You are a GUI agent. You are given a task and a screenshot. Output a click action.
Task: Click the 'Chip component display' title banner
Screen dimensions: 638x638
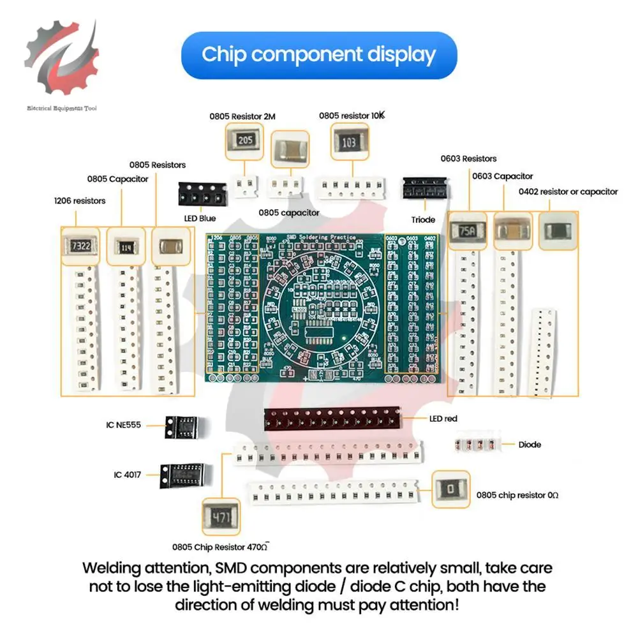point(319,55)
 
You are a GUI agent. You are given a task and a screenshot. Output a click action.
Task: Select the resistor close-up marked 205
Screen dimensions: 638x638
point(244,141)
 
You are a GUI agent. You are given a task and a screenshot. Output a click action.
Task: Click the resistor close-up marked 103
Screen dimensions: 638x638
point(349,143)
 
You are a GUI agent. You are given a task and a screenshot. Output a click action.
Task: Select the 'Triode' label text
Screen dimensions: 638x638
point(423,219)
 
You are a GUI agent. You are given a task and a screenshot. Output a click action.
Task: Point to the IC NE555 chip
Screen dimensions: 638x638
point(181,426)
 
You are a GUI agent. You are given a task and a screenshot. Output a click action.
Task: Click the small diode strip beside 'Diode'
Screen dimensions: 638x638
point(475,445)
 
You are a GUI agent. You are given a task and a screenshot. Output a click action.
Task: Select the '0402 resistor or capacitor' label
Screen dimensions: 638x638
point(568,191)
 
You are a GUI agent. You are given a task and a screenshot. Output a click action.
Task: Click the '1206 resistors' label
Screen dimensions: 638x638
point(80,200)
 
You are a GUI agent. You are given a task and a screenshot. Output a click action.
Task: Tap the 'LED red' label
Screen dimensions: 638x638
point(443,419)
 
